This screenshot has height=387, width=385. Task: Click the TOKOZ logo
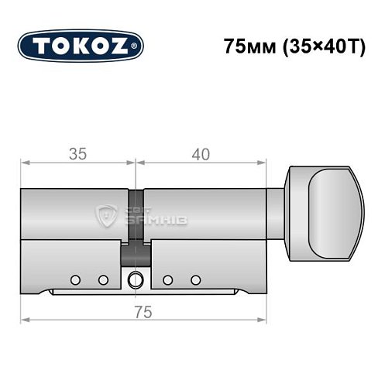81,46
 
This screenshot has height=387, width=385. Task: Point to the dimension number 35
77,154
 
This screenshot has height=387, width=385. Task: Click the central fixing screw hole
136,280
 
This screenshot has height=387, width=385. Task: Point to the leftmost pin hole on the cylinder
75,279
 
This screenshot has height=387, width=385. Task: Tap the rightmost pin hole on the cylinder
196,279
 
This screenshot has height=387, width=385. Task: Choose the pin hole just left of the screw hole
102,279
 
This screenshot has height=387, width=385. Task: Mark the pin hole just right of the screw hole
168,279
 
